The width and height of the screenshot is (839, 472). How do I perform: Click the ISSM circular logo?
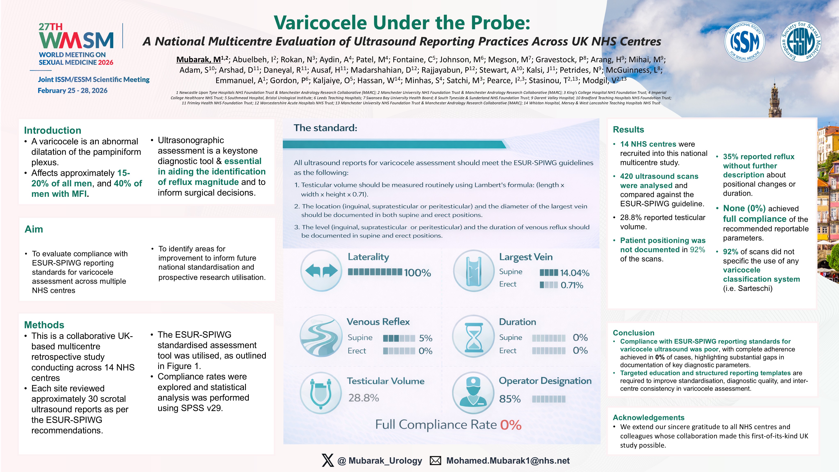click(744, 42)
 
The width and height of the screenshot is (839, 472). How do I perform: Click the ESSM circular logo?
click(801, 41)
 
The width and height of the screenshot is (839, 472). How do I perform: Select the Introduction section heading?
click(52, 130)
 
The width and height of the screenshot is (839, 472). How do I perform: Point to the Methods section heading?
click(44, 325)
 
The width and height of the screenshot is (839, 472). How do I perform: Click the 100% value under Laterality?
click(417, 273)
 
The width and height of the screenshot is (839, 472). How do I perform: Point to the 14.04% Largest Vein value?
click(575, 273)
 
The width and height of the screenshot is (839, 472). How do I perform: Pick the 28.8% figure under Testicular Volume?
click(364, 398)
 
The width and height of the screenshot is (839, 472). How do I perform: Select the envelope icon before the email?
click(435, 461)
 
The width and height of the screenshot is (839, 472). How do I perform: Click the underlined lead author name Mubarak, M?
click(199, 60)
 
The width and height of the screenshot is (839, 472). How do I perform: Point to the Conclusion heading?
click(633, 333)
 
